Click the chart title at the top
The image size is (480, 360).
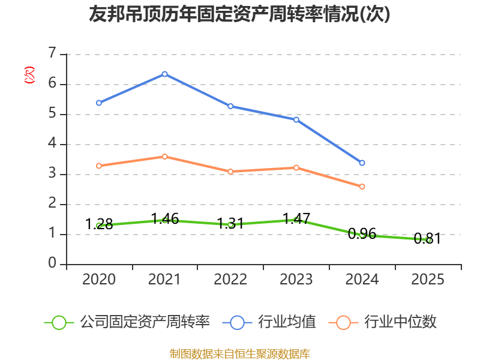[x=239, y=14]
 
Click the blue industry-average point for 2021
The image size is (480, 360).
[x=164, y=74]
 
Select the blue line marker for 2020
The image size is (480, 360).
[x=98, y=103]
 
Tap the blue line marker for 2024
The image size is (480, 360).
[x=362, y=163]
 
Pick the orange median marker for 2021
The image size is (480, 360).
[x=164, y=157]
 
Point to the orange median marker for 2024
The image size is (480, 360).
[x=362, y=187]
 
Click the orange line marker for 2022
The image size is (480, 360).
[x=230, y=172]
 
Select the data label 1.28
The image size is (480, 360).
[x=99, y=224]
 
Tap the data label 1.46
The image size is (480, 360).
[x=164, y=219]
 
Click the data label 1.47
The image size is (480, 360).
[x=296, y=218]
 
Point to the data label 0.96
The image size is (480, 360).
[x=362, y=234]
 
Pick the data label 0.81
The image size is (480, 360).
[x=427, y=239]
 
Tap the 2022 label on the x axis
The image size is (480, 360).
[x=230, y=280]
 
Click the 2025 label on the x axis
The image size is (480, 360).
[x=428, y=280]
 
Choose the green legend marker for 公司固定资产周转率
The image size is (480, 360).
[x=59, y=322]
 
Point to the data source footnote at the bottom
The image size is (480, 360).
[x=240, y=353]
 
